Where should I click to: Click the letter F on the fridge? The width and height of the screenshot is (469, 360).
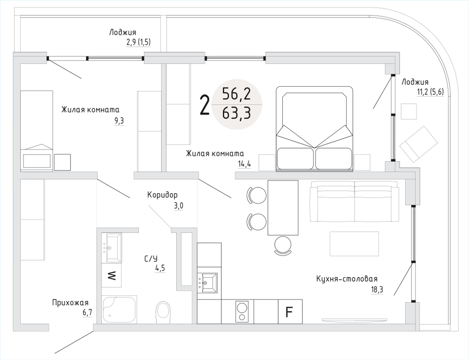(x=290, y=311)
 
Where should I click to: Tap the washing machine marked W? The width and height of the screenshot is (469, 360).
(x=112, y=275)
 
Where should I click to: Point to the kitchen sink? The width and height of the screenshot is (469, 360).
(x=209, y=283)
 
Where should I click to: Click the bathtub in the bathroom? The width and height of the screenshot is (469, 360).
(x=120, y=309)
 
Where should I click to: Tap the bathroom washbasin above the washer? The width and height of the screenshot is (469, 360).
(x=112, y=247)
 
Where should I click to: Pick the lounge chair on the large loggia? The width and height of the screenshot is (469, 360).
(x=419, y=142)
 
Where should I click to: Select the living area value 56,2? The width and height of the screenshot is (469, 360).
(x=237, y=95)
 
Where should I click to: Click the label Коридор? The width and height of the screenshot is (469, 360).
(x=162, y=195)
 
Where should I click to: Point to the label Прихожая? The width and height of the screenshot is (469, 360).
(x=70, y=303)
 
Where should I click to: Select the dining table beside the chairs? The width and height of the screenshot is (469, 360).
(x=282, y=208)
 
